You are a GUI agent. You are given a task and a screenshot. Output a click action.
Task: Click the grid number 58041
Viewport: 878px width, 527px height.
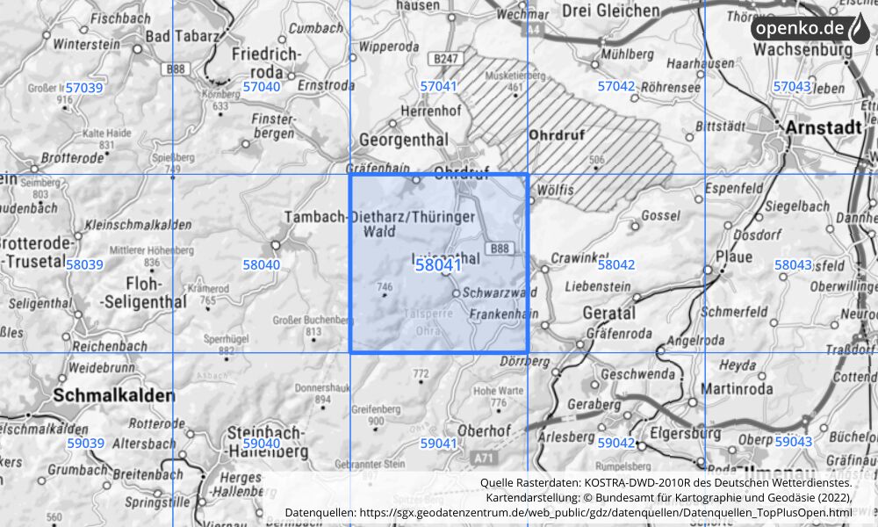tap(438, 264)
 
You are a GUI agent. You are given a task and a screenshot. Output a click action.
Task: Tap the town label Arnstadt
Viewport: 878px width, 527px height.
tap(824, 127)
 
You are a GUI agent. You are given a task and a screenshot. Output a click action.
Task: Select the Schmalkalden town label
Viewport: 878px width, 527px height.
tap(114, 396)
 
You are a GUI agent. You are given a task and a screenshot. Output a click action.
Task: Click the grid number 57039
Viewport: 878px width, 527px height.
tap(84, 88)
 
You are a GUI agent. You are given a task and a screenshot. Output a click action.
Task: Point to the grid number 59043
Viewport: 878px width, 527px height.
tap(793, 443)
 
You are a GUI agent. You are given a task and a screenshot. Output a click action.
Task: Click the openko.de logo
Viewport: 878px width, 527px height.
tap(809, 29)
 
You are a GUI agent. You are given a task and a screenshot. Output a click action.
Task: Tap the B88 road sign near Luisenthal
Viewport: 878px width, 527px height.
tap(499, 249)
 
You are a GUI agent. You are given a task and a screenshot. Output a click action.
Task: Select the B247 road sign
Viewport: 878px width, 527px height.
tap(447, 59)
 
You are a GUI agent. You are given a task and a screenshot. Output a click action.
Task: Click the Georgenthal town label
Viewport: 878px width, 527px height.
tap(405, 140)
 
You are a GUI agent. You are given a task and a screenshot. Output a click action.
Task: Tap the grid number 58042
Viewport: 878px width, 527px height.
tap(615, 264)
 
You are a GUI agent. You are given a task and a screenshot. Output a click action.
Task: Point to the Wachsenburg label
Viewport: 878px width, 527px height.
tap(801, 51)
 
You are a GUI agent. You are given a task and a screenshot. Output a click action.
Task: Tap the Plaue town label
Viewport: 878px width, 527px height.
tap(734, 257)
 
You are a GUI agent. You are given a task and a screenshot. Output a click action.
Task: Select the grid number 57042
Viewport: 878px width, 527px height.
tap(615, 87)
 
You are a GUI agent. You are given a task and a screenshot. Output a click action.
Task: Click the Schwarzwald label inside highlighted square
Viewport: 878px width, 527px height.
tap(499, 292)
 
